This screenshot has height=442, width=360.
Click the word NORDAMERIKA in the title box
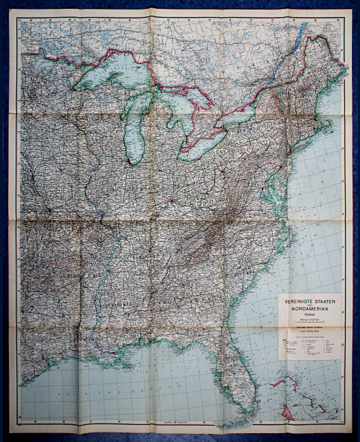pos(310,308)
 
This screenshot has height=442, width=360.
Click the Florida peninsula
pos(235,382)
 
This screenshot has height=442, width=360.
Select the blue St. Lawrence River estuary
pos(300,31)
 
